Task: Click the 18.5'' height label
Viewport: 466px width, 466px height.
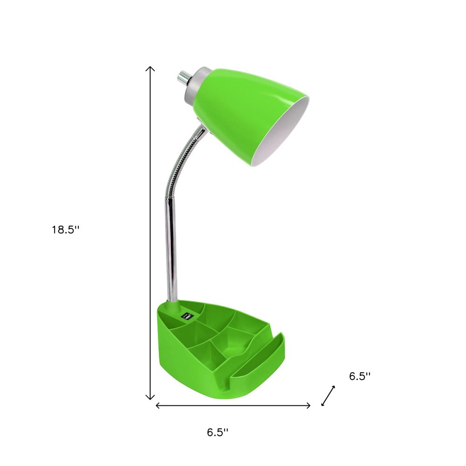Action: click(66, 230)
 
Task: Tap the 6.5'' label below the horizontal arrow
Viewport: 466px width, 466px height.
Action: click(218, 432)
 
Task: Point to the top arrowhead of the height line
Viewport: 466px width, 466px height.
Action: click(150, 69)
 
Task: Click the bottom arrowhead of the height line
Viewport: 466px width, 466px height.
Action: click(150, 397)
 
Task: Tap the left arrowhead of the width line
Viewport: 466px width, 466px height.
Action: click(158, 405)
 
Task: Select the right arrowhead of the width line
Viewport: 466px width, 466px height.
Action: click(308, 405)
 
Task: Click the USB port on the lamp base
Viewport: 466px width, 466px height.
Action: click(187, 316)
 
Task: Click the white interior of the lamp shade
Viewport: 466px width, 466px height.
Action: click(284, 135)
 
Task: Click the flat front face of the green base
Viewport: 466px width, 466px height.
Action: click(196, 373)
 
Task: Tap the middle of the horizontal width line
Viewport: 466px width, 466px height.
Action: click(233, 405)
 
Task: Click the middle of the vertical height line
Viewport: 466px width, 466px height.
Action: click(150, 233)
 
